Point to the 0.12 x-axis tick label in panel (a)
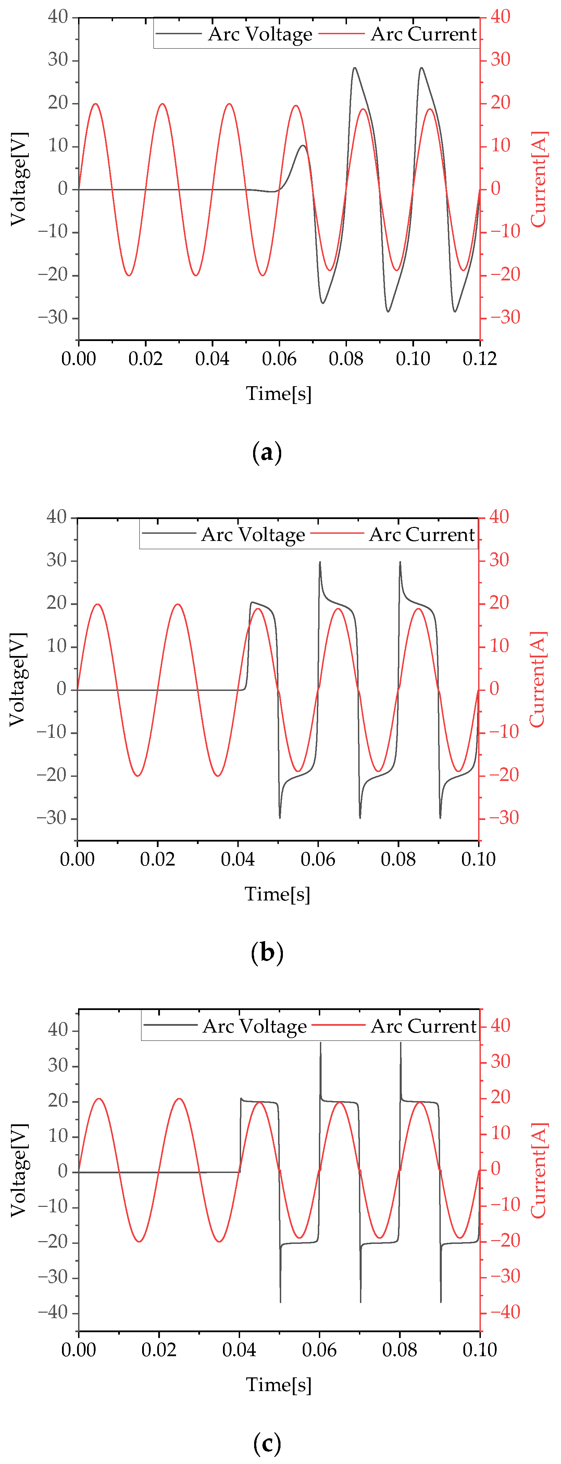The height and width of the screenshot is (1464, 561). pos(479,358)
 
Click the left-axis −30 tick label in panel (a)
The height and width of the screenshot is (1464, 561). pos(53,317)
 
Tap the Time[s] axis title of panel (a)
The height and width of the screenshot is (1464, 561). pos(278,393)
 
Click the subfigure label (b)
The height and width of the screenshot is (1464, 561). pos(266,952)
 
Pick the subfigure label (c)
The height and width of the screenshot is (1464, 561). pos(266,1443)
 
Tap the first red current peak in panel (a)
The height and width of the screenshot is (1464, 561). pos(96,104)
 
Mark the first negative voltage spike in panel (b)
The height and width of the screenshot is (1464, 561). pos(280,817)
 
